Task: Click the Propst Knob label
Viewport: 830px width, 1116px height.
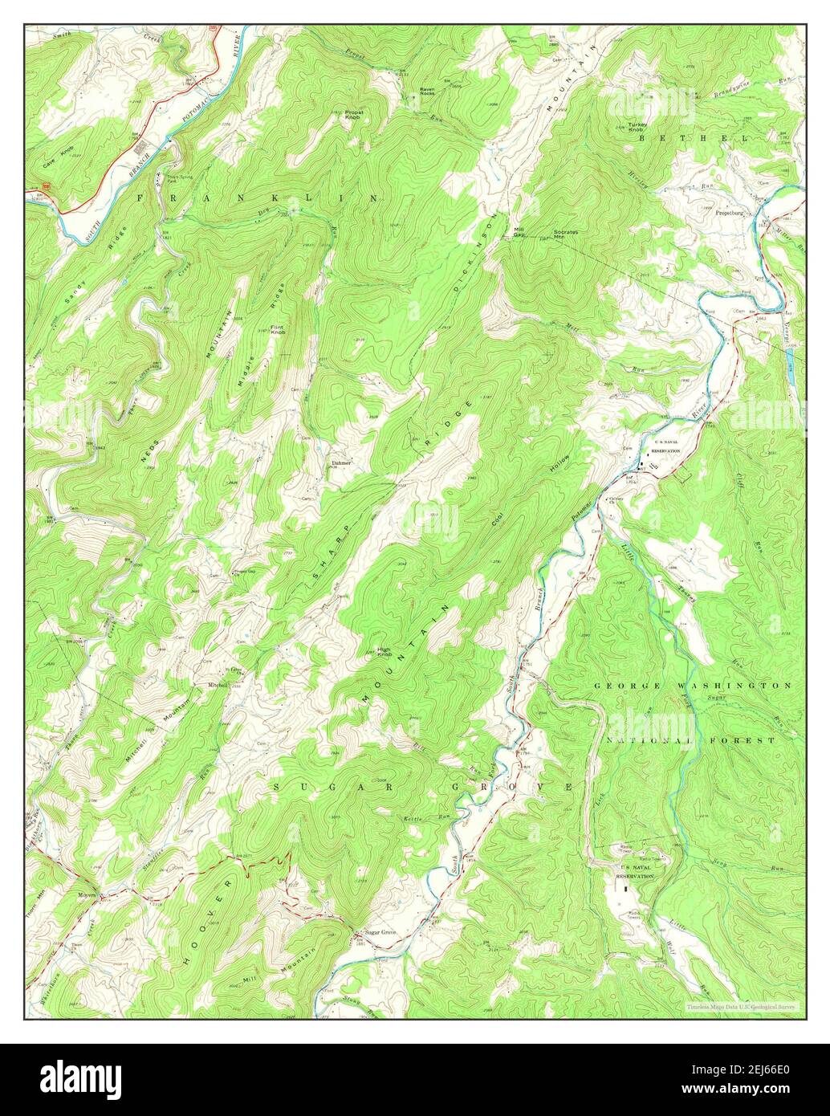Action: click(353, 115)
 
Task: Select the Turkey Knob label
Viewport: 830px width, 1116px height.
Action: click(637, 127)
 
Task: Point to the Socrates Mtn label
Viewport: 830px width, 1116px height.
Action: click(565, 234)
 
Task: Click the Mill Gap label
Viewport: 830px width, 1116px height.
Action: click(519, 232)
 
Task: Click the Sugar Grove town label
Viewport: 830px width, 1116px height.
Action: click(380, 932)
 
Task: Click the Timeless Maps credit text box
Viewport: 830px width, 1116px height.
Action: click(739, 1004)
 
